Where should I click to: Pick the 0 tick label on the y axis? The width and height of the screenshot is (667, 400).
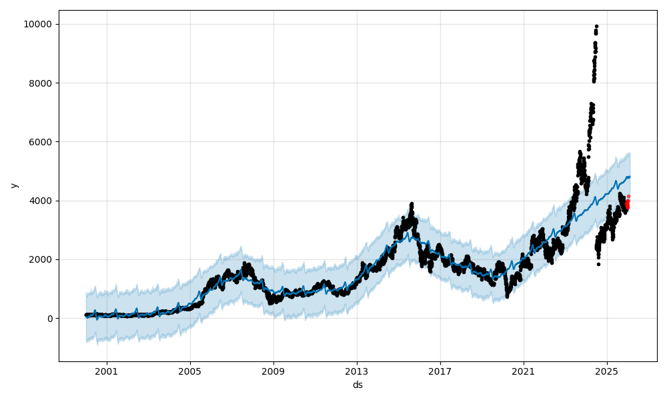pos(50,319)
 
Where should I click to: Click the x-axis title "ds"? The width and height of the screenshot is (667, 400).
pos(358,385)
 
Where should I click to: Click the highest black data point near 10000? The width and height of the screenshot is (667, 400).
pos(596,27)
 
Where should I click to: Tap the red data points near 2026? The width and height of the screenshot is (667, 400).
pos(627,203)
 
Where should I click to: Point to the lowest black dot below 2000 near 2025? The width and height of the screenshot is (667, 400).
pos(598,264)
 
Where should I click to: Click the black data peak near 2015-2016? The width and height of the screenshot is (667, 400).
pos(412,204)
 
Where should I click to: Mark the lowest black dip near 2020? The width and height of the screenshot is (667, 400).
pos(507,296)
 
